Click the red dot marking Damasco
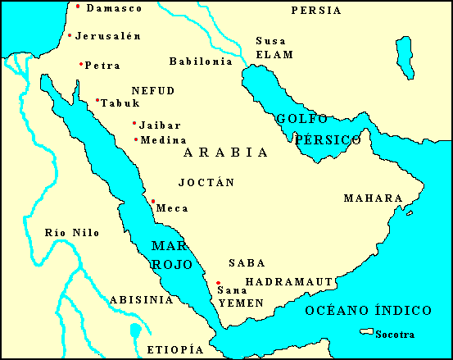click(78, 7)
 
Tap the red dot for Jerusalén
click(70, 35)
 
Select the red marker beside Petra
click(81, 64)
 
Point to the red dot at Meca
click(153, 201)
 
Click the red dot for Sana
click(218, 283)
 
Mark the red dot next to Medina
click(135, 139)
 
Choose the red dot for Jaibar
click(134, 124)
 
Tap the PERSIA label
click(316, 11)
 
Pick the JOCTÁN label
click(206, 181)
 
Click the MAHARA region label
click(373, 198)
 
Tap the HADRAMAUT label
click(288, 281)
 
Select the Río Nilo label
click(72, 233)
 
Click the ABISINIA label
click(141, 299)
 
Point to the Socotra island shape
click(365, 332)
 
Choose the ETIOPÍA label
click(174, 349)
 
